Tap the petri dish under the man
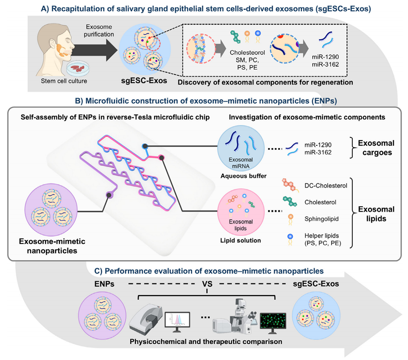79,68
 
